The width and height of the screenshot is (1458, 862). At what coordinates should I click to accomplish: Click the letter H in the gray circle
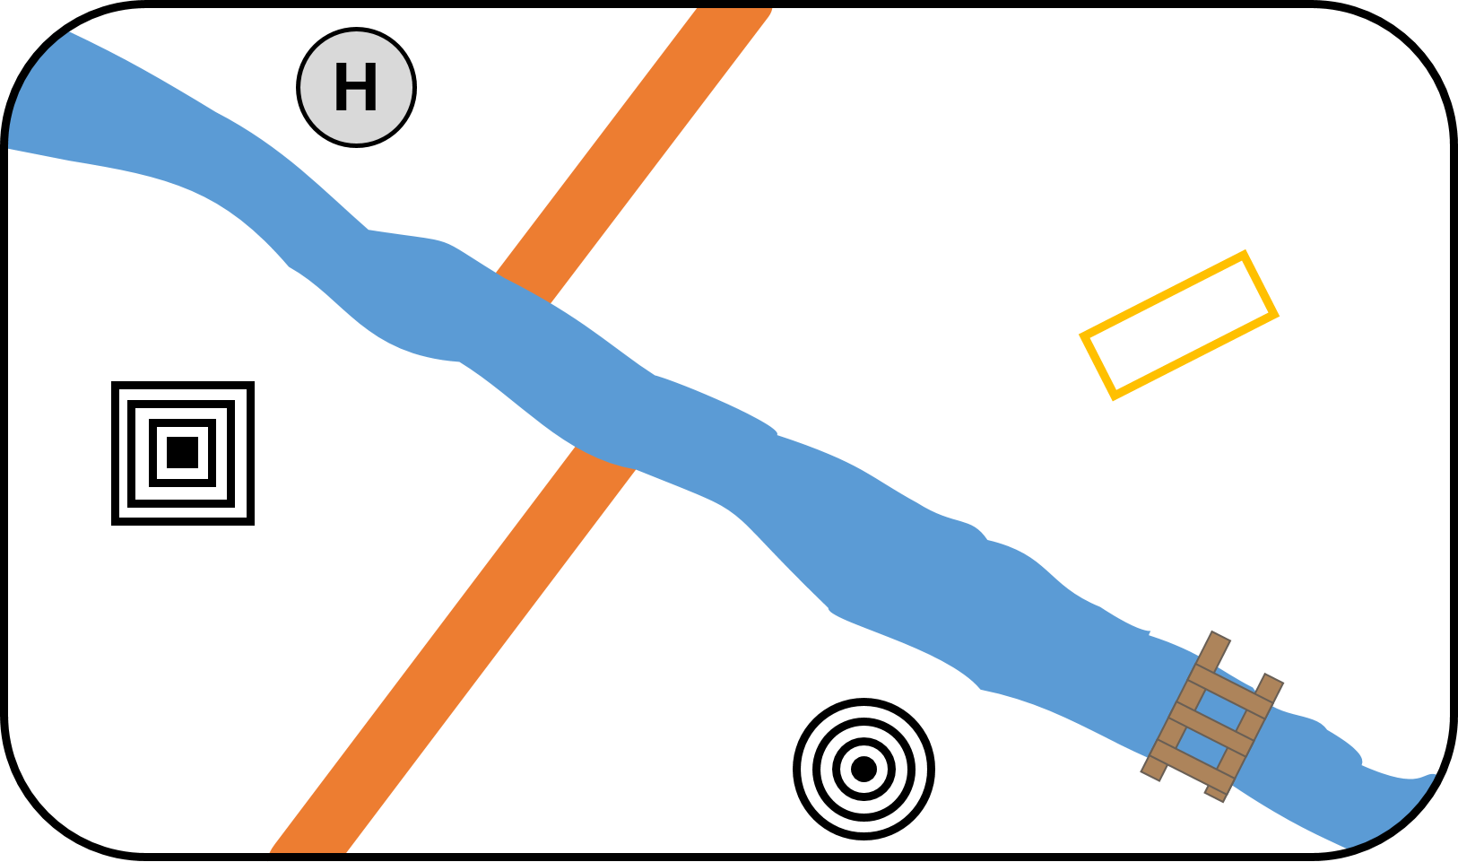pyautogui.click(x=356, y=88)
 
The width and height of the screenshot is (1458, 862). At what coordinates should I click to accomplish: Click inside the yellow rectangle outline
pyautogui.click(x=1178, y=325)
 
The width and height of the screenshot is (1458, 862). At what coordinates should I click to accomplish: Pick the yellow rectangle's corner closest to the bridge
pyautogui.click(x=1114, y=395)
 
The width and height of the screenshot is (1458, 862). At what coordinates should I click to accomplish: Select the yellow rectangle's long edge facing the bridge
pyautogui.click(x=1194, y=355)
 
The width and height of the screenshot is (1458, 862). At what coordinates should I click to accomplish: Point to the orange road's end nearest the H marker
pyautogui.click(x=733, y=13)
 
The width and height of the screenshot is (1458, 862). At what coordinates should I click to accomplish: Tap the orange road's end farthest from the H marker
pyautogui.click(x=308, y=848)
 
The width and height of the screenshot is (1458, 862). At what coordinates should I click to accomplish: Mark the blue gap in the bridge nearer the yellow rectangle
pyautogui.click(x=1221, y=710)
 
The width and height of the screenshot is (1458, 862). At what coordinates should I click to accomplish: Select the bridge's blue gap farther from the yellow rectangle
pyautogui.click(x=1203, y=747)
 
